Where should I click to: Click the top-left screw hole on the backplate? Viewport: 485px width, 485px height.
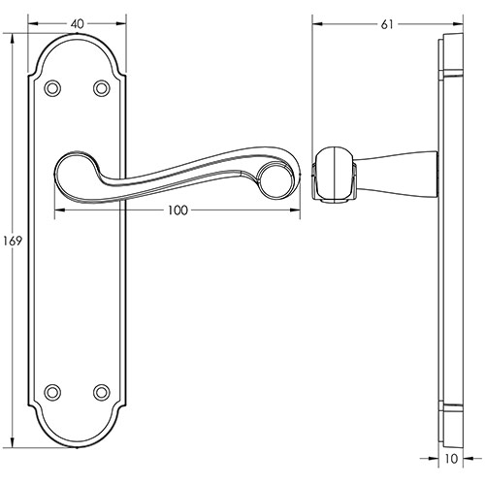53,88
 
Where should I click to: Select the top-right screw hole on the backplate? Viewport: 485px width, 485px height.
101,88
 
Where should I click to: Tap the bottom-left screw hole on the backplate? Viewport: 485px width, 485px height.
53,393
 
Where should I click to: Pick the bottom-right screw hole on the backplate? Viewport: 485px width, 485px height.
101,393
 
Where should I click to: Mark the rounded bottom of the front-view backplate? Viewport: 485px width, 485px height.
77,442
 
